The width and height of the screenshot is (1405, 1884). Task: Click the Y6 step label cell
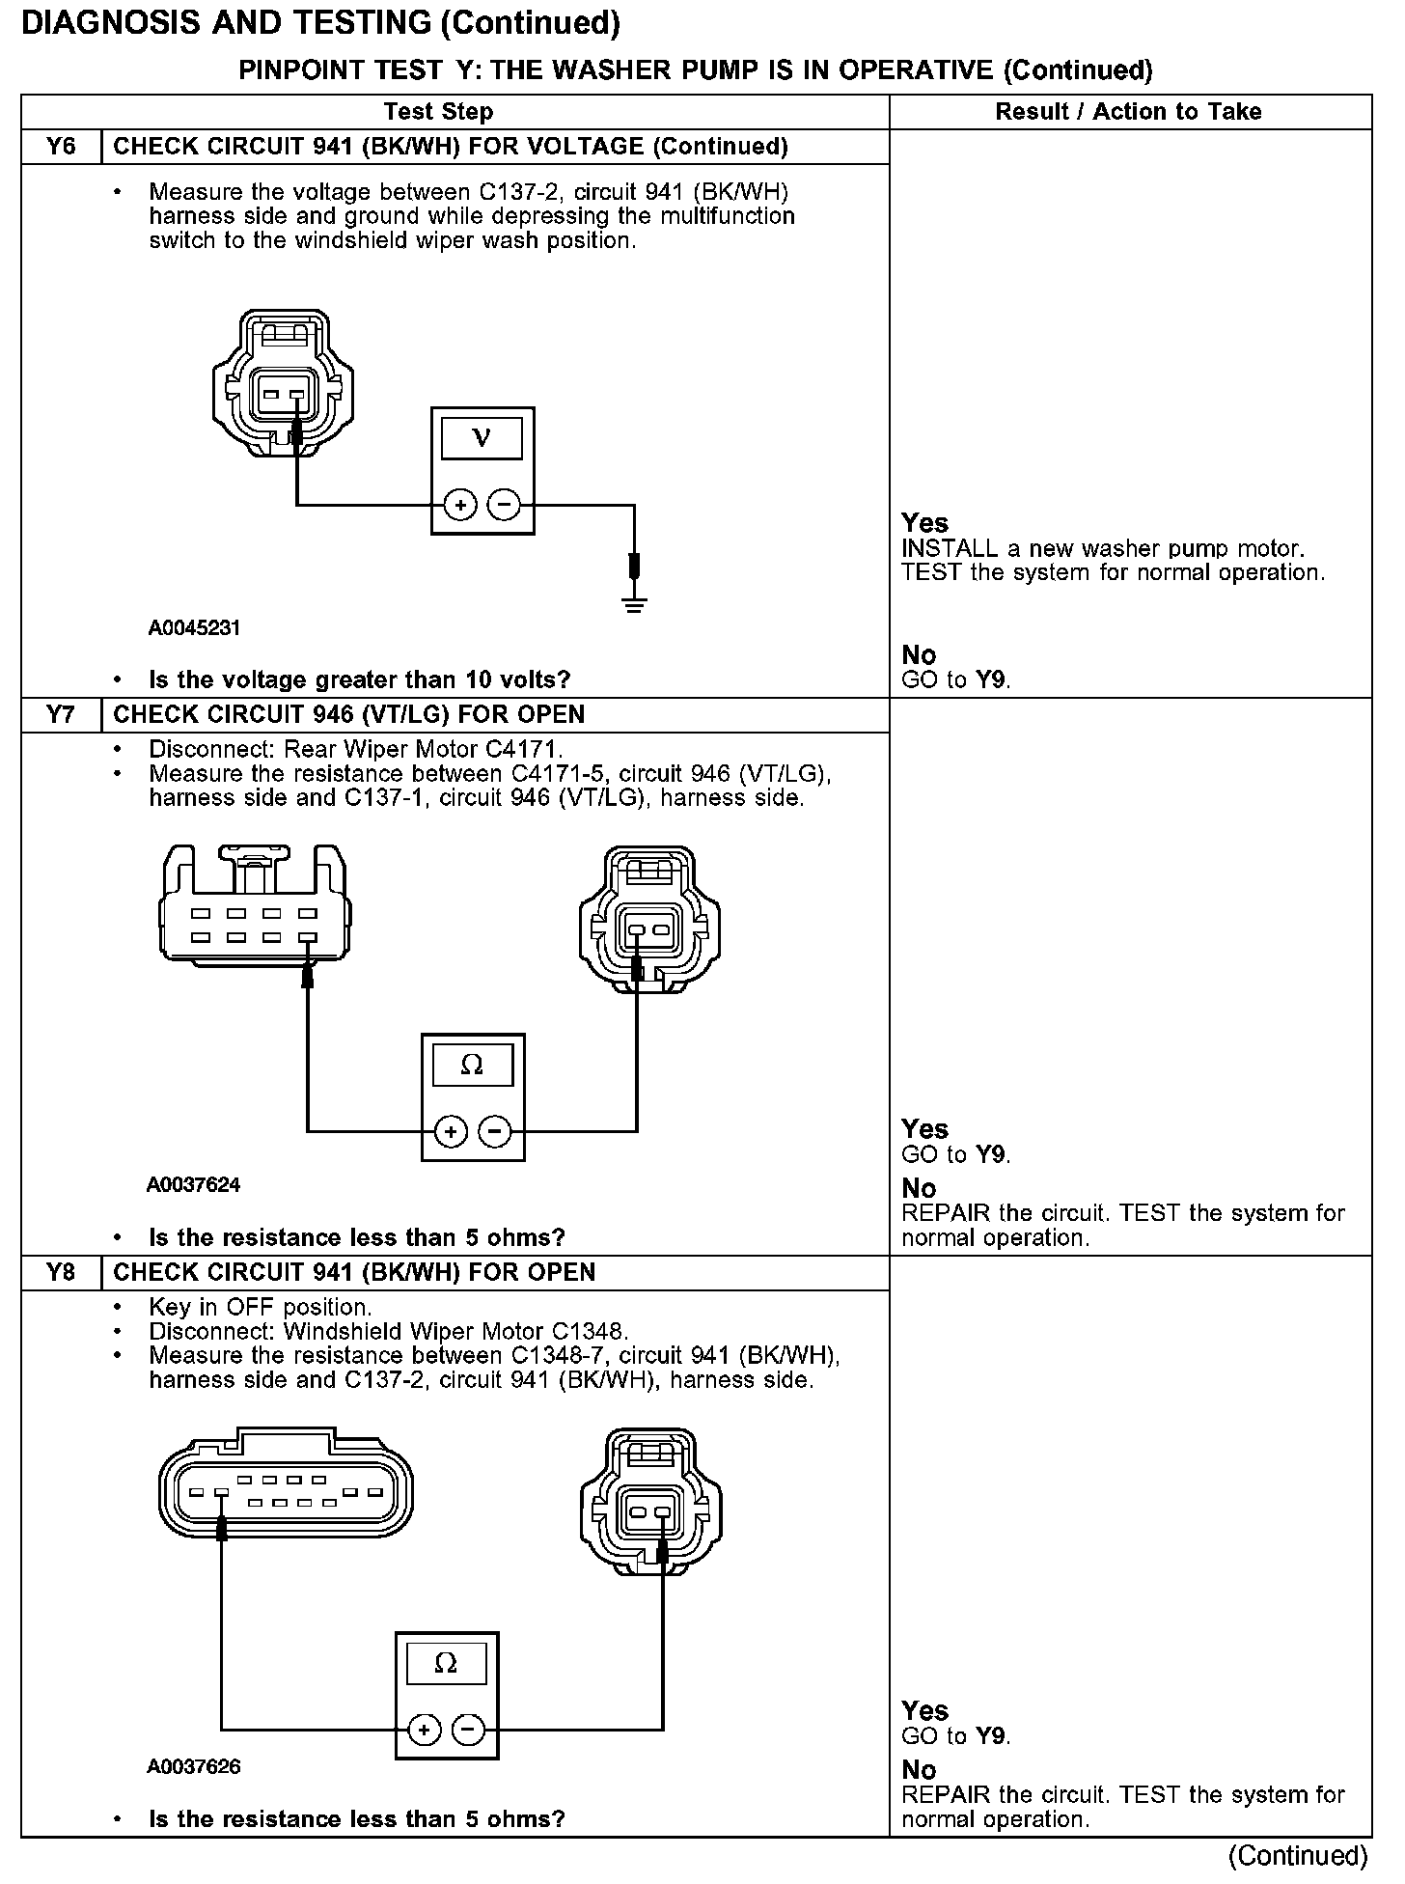60,147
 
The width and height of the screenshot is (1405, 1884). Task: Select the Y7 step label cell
60,715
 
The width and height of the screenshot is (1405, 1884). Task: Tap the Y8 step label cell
60,1272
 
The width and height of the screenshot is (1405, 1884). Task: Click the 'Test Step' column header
438,112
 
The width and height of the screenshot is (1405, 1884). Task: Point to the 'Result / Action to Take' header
1128,112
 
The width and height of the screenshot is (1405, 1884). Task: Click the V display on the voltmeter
482,439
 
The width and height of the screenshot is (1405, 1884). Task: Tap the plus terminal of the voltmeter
460,505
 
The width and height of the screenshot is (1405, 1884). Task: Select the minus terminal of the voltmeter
504,505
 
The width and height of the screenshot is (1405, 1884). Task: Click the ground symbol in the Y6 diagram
634,604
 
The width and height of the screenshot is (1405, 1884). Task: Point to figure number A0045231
194,628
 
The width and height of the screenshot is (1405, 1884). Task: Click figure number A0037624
193,1185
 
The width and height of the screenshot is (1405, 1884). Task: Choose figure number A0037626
193,1767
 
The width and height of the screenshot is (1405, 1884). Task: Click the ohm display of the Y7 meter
472,1066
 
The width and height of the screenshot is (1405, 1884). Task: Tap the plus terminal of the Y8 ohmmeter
425,1731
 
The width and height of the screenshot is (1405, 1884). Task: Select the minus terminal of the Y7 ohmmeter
495,1130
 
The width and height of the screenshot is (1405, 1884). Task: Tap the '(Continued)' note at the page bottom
1298,1856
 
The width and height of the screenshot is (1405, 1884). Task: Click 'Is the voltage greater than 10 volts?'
359,679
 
